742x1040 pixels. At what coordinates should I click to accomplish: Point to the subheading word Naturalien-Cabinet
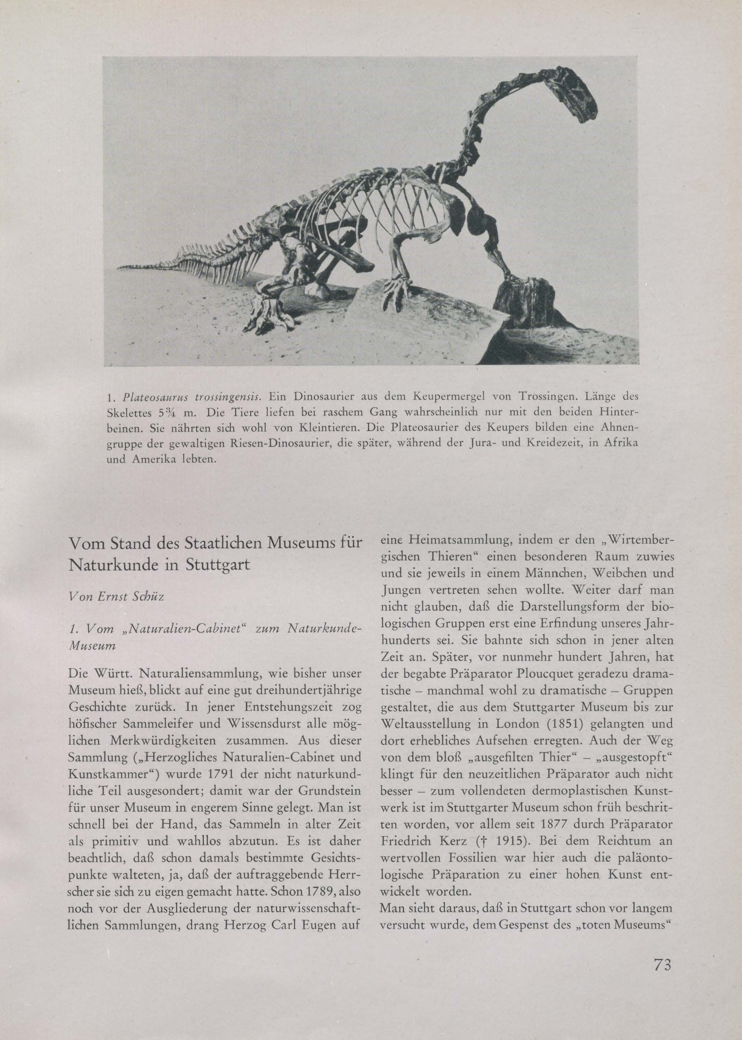click(165, 630)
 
